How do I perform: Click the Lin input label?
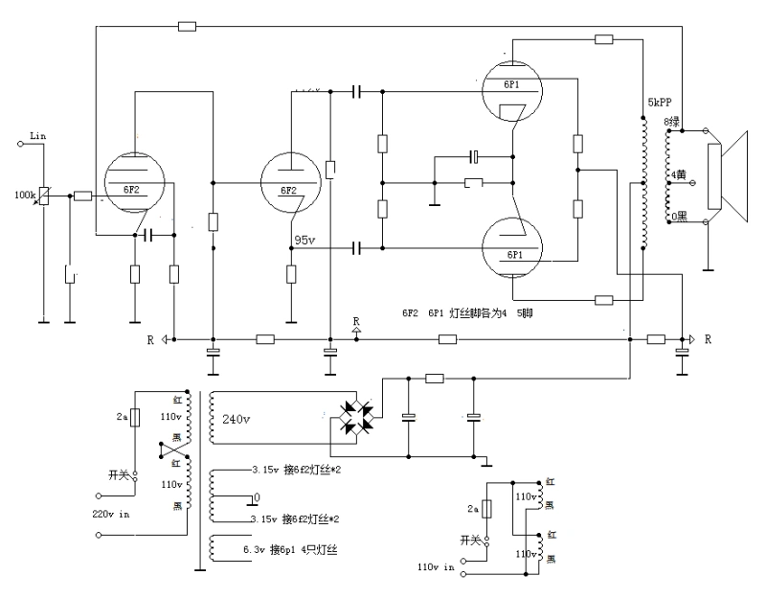click(x=38, y=136)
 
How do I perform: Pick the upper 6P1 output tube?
click(x=513, y=88)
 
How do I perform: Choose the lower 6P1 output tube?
click(x=513, y=251)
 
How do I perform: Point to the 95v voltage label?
click(x=305, y=240)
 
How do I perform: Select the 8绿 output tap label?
click(x=673, y=122)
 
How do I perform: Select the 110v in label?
click(x=437, y=565)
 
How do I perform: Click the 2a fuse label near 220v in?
click(x=122, y=419)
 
